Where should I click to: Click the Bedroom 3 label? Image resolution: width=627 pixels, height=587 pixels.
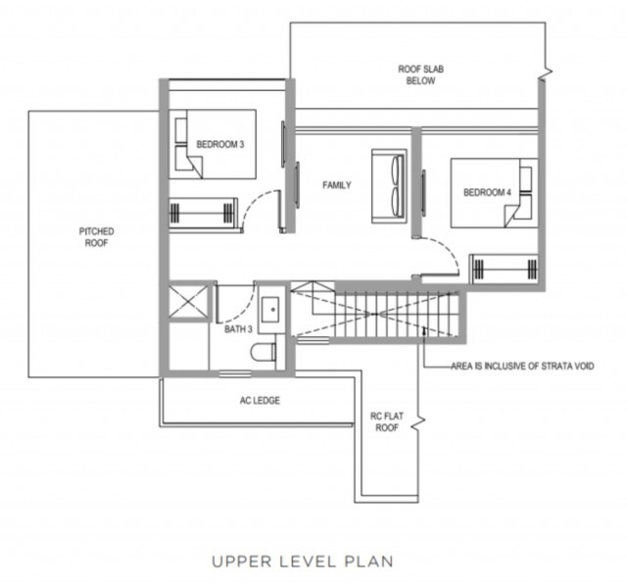pos(219,144)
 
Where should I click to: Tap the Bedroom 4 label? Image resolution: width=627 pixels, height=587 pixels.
pos(487,192)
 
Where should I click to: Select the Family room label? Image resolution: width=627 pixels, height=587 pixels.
pos(337,185)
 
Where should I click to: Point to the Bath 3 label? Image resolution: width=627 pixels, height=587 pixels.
pos(238,329)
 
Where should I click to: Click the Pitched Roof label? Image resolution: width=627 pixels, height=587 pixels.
pos(96,237)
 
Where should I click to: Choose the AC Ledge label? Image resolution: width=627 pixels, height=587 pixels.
pos(260,400)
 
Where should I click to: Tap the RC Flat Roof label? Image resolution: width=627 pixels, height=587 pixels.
pos(387,421)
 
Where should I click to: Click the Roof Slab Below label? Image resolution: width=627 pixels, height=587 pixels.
pos(420,74)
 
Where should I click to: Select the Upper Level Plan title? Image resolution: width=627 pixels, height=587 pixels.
pos(303,562)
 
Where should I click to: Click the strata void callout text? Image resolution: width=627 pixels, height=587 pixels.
pos(522,366)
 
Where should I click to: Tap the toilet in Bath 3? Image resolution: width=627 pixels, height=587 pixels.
pos(264,352)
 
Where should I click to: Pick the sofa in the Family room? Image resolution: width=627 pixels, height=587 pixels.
pos(389,186)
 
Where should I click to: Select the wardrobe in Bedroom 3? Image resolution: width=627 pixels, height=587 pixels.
pos(203,214)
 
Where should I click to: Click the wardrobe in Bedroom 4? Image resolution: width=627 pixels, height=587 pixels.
pos(505,269)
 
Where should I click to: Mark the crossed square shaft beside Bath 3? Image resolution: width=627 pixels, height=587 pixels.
pos(189,302)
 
